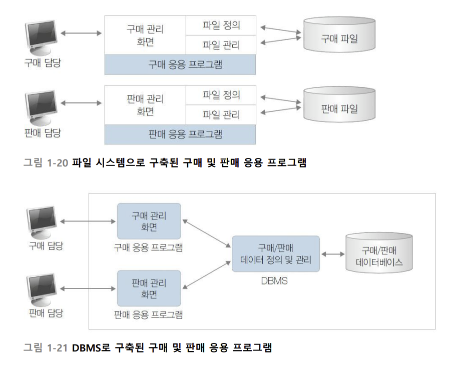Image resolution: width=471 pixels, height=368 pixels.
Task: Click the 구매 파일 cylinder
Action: (x=339, y=34)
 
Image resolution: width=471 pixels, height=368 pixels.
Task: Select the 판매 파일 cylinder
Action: (x=339, y=104)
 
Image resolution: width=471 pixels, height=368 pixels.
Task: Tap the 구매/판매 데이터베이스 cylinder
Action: (x=379, y=252)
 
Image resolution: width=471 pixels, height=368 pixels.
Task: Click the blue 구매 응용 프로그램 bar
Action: (x=180, y=64)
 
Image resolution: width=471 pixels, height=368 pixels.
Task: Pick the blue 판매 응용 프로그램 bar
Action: (x=180, y=134)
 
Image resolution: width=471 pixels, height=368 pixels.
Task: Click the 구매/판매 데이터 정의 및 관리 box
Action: (x=276, y=254)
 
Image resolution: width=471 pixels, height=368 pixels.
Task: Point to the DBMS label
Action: (x=274, y=281)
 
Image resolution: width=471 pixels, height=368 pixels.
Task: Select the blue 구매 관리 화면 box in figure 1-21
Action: (x=149, y=221)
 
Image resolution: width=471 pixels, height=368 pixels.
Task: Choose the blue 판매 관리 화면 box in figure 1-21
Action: (x=149, y=288)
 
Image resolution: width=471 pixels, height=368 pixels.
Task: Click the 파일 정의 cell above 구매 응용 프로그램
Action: (x=221, y=25)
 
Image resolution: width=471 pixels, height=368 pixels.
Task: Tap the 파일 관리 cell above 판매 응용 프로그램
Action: (x=221, y=114)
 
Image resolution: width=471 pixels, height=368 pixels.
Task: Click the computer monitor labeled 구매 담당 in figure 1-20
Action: (x=41, y=37)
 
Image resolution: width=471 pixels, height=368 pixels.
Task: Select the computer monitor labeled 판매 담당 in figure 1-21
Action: (x=42, y=289)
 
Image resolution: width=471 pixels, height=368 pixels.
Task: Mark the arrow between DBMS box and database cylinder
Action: (x=333, y=254)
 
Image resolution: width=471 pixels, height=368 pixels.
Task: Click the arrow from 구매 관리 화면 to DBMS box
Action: (x=207, y=233)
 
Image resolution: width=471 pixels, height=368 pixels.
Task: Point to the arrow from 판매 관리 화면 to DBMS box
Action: (x=207, y=275)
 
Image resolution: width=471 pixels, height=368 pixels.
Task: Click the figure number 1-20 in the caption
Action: (x=58, y=163)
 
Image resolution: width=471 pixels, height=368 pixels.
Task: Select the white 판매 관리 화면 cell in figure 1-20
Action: (x=145, y=105)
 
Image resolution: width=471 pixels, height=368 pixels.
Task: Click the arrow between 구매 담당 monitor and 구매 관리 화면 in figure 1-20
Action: (x=81, y=33)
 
